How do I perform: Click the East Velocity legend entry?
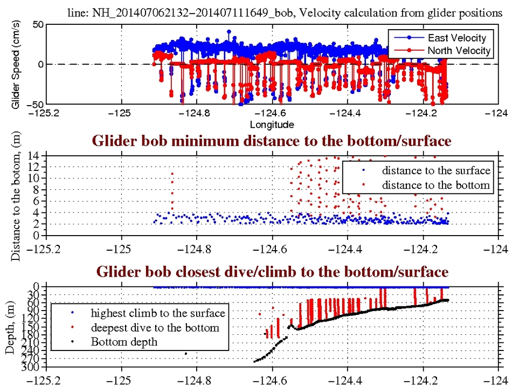click(x=456, y=38)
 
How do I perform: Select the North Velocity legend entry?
click(x=458, y=51)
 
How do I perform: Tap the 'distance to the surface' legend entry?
click(x=436, y=170)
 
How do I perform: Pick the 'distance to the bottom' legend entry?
click(x=436, y=185)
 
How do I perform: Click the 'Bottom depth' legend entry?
click(x=124, y=341)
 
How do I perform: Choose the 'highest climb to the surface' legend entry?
click(x=157, y=313)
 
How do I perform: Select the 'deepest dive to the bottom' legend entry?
click(x=155, y=327)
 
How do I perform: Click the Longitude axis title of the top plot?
click(x=272, y=125)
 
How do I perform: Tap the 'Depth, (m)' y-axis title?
click(x=10, y=327)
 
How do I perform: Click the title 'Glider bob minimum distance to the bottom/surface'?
click(x=272, y=141)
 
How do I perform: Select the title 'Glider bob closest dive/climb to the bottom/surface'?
click(x=272, y=271)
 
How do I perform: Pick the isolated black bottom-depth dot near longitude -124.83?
click(x=186, y=354)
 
